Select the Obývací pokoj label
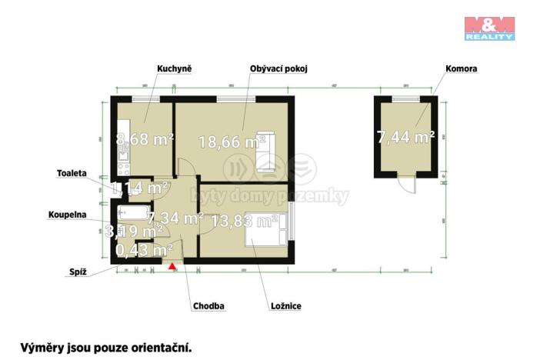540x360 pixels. (x=278, y=69)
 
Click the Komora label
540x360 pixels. (x=462, y=69)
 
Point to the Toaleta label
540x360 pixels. (x=71, y=173)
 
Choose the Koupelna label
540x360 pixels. (x=67, y=215)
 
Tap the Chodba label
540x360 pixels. (x=208, y=306)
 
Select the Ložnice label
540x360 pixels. (x=285, y=306)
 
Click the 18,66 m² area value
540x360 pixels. (x=232, y=142)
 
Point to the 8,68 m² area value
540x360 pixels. (x=144, y=140)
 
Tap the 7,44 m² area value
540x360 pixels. (x=405, y=137)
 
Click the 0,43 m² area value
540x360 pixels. (x=144, y=250)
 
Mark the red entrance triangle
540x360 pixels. (x=173, y=267)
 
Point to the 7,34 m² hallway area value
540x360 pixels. (x=175, y=218)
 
